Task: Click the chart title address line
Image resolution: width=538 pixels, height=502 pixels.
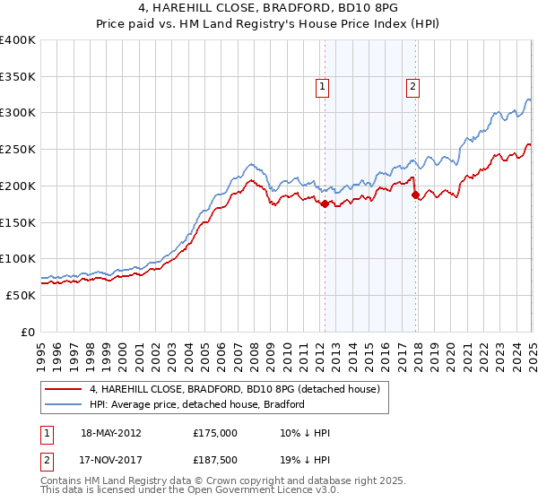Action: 268,8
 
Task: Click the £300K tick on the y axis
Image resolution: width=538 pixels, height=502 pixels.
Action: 18,113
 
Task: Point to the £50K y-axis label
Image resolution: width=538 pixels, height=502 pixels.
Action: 22,295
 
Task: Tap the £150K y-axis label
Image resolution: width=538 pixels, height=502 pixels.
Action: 18,222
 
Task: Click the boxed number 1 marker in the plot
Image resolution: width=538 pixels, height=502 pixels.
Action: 321,87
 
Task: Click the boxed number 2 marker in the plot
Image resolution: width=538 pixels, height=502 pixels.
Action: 412,87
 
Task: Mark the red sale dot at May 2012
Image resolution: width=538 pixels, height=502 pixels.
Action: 325,204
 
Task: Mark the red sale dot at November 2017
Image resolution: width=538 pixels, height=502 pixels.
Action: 415,195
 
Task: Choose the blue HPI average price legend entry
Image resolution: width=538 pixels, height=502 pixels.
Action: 196,404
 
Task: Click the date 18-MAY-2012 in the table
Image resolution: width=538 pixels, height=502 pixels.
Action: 111,433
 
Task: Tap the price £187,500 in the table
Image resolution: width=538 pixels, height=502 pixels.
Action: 215,460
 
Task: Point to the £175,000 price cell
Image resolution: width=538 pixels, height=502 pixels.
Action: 215,433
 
